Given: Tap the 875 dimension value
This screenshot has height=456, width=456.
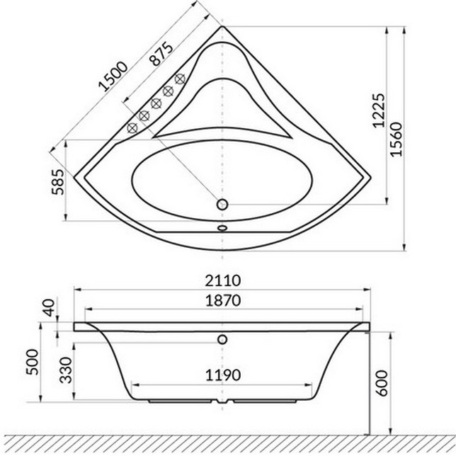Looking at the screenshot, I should point(161,52).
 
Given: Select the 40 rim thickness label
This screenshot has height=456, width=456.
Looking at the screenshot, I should point(48,307).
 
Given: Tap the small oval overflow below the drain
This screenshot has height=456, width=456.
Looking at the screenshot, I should point(222,229).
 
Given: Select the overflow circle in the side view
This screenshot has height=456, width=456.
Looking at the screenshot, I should point(224,338).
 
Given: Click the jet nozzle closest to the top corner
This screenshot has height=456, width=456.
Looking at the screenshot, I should point(180,79).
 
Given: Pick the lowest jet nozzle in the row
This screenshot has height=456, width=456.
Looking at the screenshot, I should point(132,128).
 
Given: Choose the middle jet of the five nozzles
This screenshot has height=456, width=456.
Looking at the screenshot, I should point(156,103).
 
